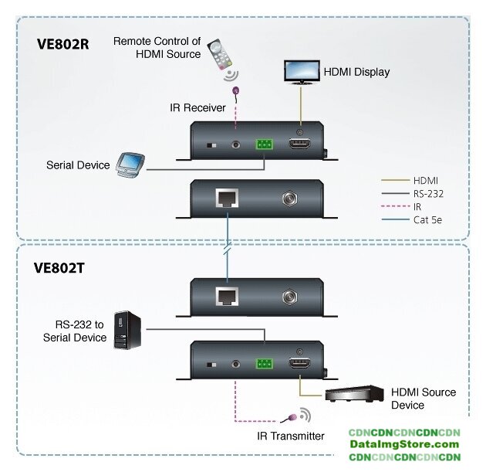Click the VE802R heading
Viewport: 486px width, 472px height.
pos(63,44)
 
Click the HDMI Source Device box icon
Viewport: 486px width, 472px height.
pos(354,394)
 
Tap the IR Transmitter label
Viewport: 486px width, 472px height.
pos(290,436)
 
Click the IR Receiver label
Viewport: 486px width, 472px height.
pos(198,107)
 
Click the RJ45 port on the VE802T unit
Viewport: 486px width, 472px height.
pos(227,296)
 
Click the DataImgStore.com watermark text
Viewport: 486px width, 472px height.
pos(403,444)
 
